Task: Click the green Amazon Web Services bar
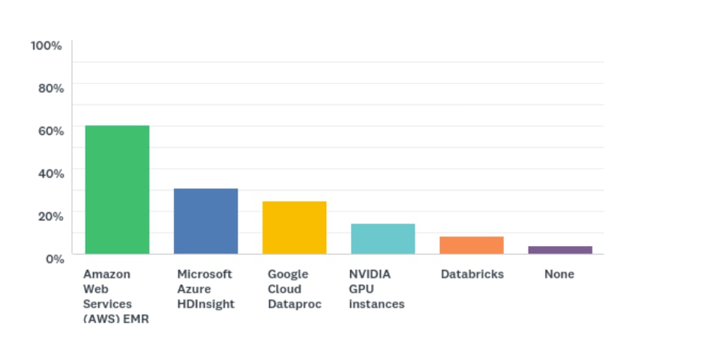tap(117, 189)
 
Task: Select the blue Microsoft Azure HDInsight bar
tap(206, 220)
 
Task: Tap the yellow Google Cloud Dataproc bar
tap(294, 227)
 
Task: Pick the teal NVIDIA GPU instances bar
tap(382, 238)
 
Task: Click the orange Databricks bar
tap(472, 245)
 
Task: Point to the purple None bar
tap(560, 250)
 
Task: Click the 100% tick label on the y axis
tap(46, 46)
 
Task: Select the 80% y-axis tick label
tap(51, 88)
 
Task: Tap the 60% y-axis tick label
tap(51, 130)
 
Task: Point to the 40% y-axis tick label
tap(51, 172)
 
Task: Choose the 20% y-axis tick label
tap(51, 215)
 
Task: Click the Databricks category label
tap(472, 274)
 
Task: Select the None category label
tap(559, 274)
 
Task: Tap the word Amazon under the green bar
tap(106, 274)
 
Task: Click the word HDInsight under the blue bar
tap(205, 304)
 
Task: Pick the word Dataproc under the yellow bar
tap(295, 304)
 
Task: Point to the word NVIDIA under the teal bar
tap(370, 274)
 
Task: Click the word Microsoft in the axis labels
tap(205, 274)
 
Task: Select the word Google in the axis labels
tap(288, 274)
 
